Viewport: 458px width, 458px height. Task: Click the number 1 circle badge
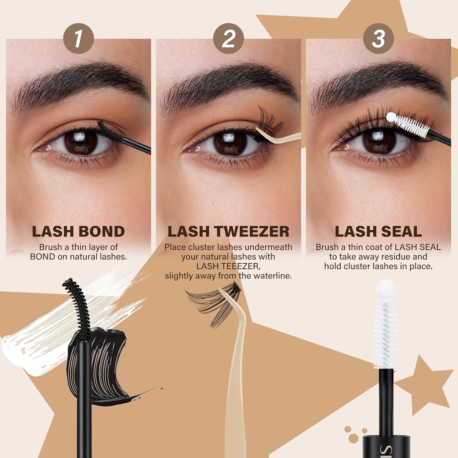[78, 39]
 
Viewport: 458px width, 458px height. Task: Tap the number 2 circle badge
[228, 39]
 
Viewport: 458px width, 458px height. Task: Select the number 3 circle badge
[378, 39]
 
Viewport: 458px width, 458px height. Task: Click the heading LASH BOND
[78, 232]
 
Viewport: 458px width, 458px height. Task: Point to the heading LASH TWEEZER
[228, 232]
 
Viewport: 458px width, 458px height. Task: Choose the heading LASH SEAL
[378, 232]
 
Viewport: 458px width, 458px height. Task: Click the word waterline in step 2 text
[275, 276]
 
